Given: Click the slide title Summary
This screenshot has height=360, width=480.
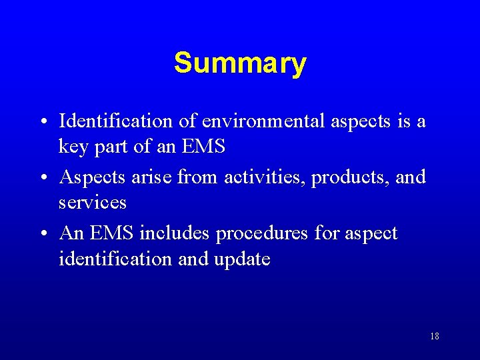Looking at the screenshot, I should point(240,64).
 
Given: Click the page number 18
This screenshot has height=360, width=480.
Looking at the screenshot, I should point(435,336).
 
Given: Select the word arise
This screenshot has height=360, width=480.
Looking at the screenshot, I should point(155,177).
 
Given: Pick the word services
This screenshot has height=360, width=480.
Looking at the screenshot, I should point(92,202).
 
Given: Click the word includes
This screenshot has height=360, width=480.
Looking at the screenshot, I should point(174,233).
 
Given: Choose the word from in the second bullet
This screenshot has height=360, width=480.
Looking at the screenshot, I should point(201,177).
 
